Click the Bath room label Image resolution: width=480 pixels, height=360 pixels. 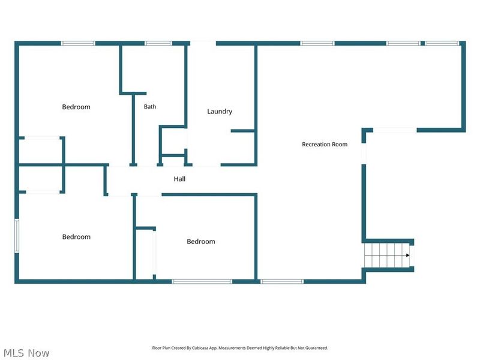150,107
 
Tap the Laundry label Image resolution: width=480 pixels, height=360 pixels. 220,112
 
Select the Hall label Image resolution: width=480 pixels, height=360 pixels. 179,179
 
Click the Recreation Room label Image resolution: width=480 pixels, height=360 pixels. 325,144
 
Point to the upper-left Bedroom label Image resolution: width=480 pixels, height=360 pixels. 76,107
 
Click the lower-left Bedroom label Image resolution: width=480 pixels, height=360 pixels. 76,236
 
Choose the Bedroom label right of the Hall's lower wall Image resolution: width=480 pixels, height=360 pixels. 201,241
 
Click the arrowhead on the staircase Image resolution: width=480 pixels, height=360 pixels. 408,256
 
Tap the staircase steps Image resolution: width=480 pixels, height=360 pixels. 387,256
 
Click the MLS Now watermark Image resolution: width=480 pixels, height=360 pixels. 26,353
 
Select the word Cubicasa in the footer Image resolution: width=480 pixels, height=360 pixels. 199,348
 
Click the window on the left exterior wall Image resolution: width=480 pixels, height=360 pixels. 17,236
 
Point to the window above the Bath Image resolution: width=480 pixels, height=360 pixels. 158,43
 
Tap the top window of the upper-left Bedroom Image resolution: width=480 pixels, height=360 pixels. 78,43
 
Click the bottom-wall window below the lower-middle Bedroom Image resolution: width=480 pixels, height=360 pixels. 202,281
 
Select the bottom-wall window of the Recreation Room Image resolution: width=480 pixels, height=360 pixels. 282,281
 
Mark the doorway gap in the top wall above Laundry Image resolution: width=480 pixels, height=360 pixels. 203,43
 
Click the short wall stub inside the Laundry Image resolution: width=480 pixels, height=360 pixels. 243,131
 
